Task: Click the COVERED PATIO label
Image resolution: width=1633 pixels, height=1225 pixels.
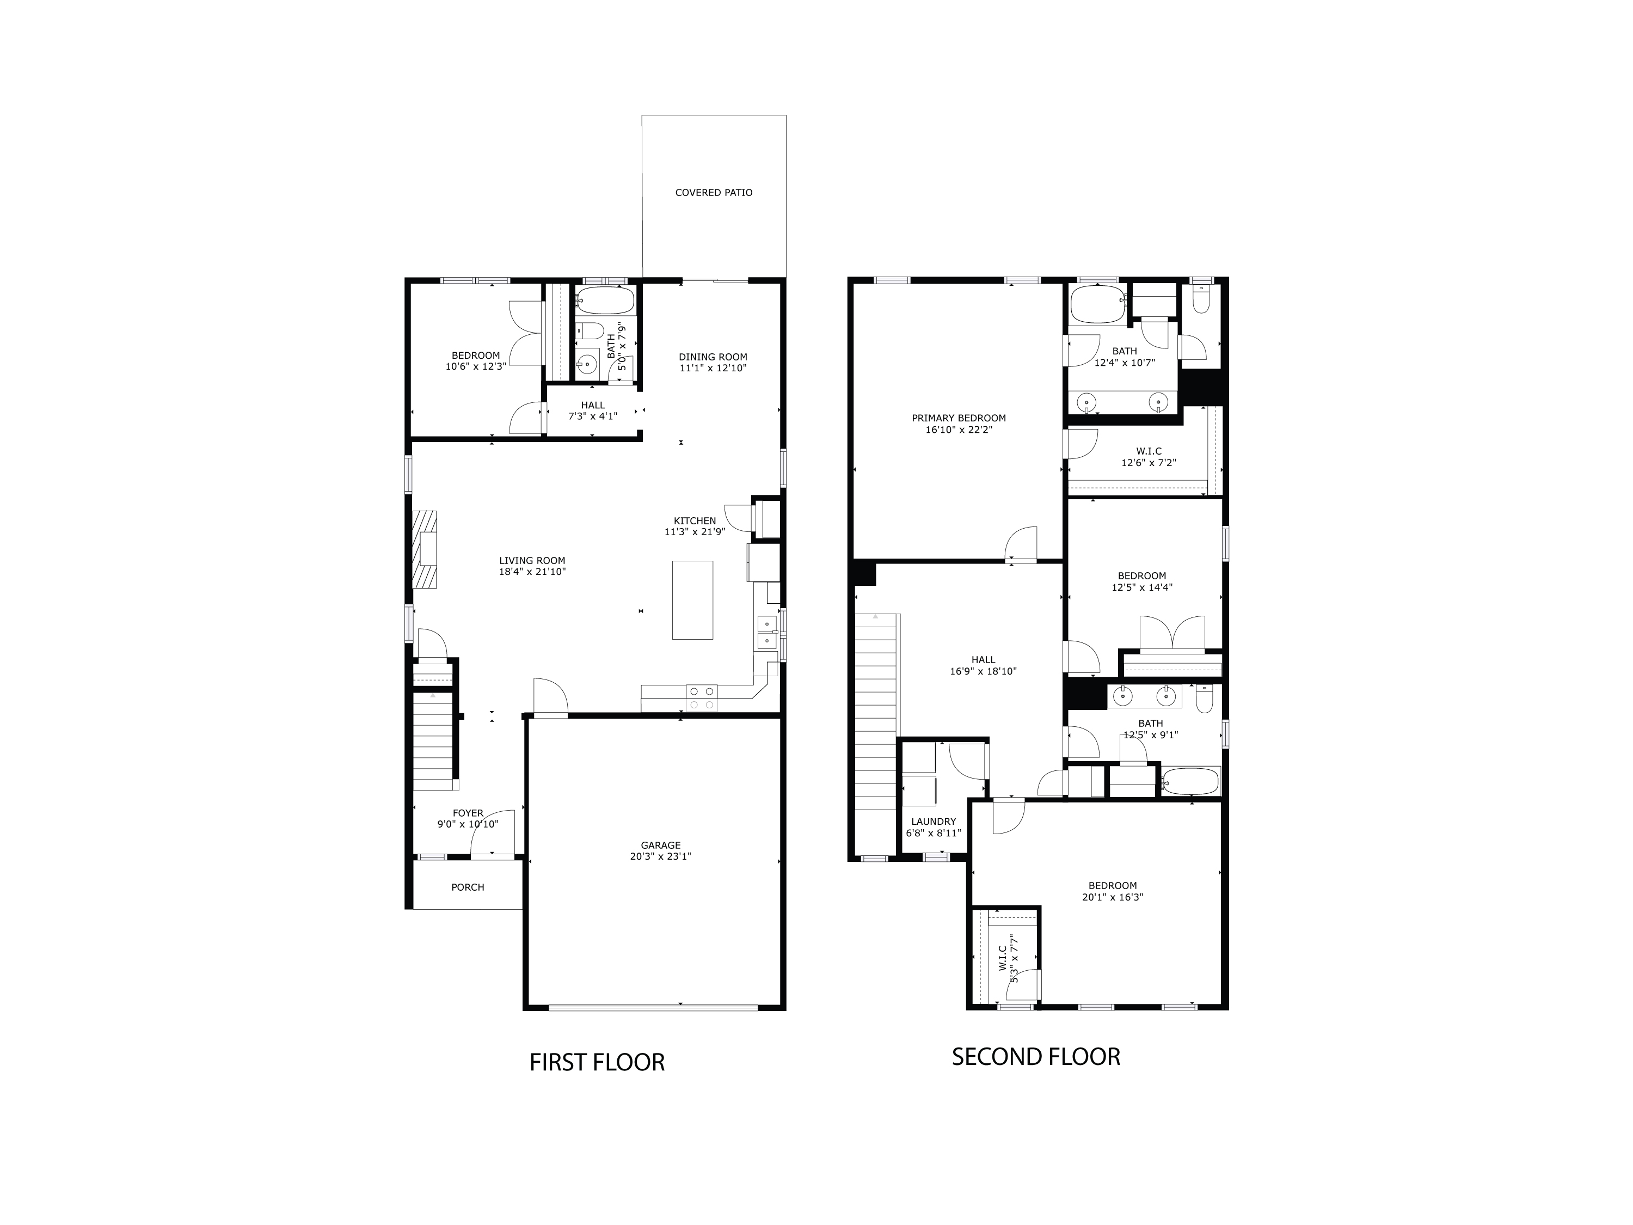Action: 713,193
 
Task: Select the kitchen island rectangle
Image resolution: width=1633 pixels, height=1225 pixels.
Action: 692,599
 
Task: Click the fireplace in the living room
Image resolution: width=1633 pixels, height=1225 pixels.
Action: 425,549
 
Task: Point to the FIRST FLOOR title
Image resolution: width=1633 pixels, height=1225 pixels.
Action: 597,1062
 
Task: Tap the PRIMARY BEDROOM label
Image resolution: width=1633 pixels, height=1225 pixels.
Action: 958,418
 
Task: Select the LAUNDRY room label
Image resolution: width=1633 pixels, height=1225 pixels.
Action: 933,821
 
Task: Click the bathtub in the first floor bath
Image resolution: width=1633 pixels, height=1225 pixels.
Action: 605,301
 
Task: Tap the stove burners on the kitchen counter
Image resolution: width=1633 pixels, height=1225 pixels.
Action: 701,698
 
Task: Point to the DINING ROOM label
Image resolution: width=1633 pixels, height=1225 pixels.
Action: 713,357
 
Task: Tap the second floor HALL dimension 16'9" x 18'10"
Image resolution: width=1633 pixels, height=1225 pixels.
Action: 983,671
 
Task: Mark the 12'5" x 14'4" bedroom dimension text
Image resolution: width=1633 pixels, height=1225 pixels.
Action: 1141,588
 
